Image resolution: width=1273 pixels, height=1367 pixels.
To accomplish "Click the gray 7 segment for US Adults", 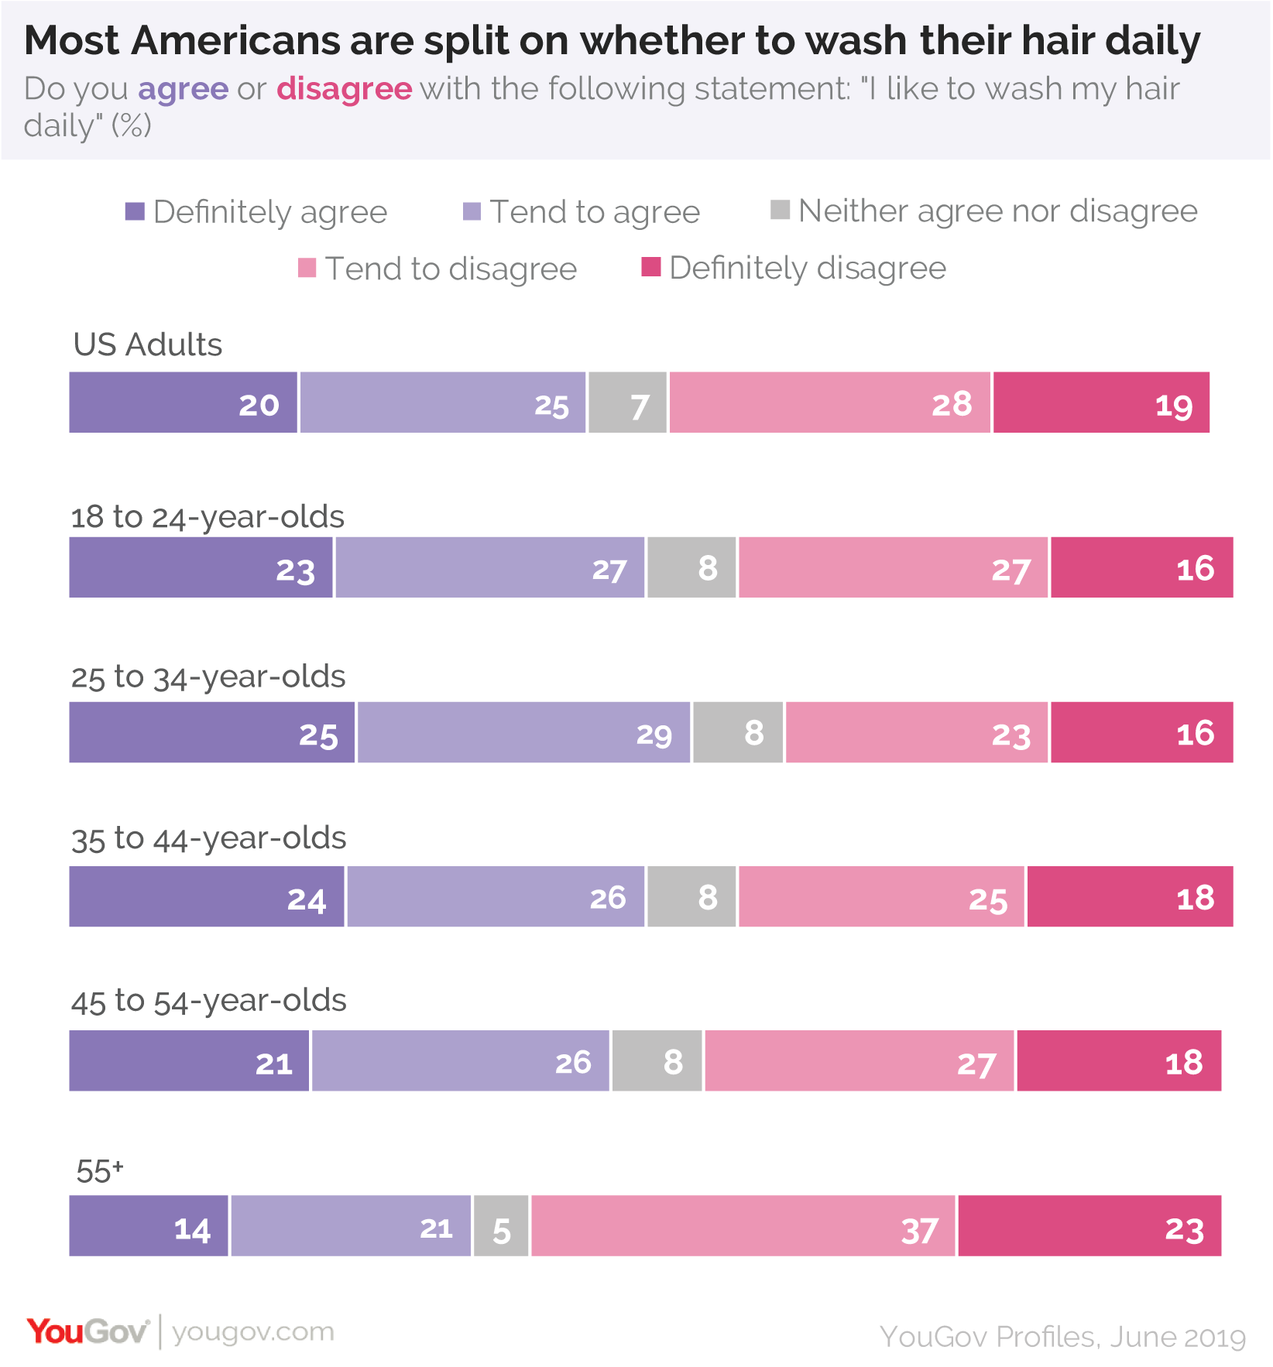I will (x=627, y=403).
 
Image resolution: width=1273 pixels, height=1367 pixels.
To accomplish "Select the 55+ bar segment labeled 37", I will (x=743, y=1225).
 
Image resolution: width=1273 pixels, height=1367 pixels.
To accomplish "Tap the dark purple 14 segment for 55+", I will (x=149, y=1225).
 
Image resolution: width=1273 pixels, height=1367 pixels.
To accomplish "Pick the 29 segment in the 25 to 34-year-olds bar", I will (x=523, y=732).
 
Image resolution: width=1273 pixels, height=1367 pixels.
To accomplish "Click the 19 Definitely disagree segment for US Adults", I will (x=1101, y=403).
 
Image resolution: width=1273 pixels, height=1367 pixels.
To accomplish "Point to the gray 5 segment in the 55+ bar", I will (x=501, y=1225).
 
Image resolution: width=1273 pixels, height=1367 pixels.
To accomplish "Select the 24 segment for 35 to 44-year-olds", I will (x=207, y=896).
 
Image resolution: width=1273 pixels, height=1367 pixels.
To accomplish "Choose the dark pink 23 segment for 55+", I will (x=1089, y=1225).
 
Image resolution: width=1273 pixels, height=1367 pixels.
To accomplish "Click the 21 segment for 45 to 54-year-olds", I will (x=189, y=1060).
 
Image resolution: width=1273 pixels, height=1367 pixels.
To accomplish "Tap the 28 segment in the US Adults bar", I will (x=829, y=403).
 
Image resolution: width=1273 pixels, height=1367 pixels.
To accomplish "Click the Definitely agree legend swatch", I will (x=135, y=211).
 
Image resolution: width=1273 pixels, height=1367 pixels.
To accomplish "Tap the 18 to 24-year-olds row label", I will (x=208, y=517).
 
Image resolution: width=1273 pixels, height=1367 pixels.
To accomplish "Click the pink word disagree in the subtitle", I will (x=344, y=89).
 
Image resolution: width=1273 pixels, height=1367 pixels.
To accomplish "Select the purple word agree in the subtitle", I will (x=184, y=90).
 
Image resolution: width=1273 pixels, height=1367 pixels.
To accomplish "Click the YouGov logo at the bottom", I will (x=87, y=1331).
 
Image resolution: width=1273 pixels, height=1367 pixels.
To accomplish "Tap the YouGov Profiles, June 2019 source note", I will (x=1062, y=1337).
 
